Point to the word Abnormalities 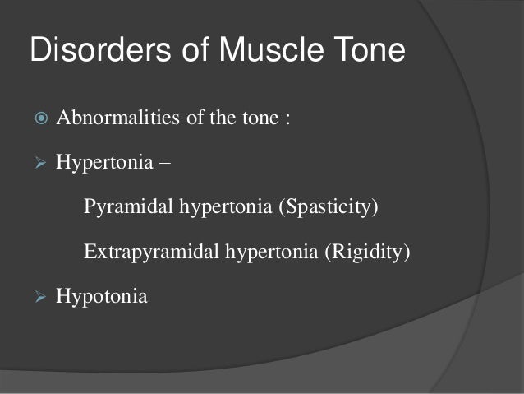pyautogui.click(x=112, y=118)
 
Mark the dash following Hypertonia pyautogui.click(x=166, y=161)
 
